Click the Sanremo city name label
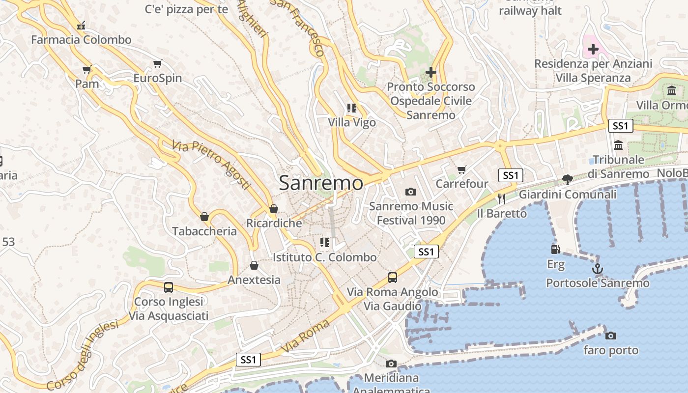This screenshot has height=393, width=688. [321, 183]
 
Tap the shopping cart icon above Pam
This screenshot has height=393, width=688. [87, 69]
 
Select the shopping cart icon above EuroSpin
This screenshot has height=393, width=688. [157, 63]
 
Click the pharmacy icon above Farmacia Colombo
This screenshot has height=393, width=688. [81, 25]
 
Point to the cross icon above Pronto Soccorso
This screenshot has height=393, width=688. [431, 72]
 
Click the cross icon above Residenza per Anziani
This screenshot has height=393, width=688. [593, 49]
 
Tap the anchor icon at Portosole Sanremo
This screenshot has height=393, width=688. [598, 269]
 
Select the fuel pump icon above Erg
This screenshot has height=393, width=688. [555, 250]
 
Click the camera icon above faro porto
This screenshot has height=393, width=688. [611, 336]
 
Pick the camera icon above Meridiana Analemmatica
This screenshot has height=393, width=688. [391, 364]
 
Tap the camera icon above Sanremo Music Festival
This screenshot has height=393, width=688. [411, 192]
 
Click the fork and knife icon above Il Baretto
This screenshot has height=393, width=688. [501, 198]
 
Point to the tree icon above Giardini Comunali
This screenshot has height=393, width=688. [568, 179]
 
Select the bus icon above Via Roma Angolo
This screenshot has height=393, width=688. [392, 277]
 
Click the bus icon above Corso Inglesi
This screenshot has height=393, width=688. [169, 287]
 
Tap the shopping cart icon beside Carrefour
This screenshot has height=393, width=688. [461, 169]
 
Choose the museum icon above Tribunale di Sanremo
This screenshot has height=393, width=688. [618, 145]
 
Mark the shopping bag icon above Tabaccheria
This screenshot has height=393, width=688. [204, 217]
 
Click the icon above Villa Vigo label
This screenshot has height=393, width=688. [351, 108]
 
